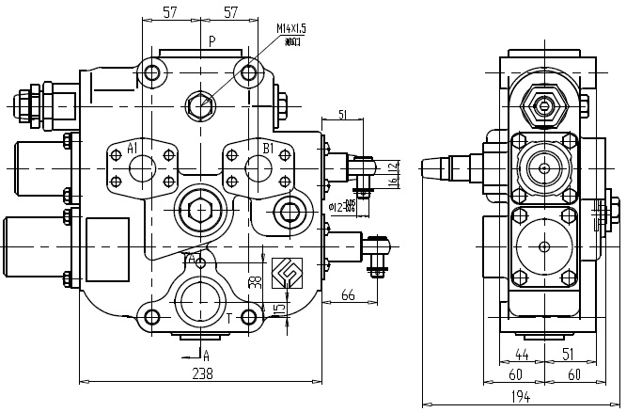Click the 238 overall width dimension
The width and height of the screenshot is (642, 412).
point(202,373)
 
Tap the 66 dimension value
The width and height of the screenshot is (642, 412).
point(348,296)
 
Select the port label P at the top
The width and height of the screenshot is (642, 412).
point(212,41)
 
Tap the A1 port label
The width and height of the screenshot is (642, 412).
point(133,149)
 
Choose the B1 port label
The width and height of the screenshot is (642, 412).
point(268,149)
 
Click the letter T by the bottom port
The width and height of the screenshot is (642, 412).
point(228,318)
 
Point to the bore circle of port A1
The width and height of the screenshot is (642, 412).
point(142,169)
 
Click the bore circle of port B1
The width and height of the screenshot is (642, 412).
point(258,169)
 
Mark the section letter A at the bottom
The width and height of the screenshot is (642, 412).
point(206,356)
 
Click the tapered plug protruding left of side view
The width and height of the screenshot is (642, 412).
point(437,168)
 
